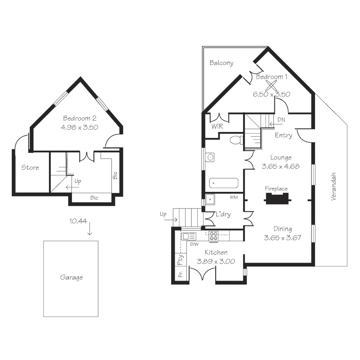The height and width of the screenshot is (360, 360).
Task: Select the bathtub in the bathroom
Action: (224, 183)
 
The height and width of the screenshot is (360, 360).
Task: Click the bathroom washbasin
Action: (210, 157)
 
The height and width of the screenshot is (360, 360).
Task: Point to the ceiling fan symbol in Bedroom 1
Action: (272, 85)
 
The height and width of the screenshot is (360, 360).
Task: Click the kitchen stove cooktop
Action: (214, 236)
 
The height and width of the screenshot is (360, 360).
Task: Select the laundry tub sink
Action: (210, 199)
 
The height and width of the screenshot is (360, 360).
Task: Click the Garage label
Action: (71, 277)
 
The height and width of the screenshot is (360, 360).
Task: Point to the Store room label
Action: (30, 167)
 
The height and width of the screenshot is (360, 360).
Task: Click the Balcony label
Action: (221, 63)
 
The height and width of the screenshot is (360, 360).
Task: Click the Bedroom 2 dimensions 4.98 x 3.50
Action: (80, 127)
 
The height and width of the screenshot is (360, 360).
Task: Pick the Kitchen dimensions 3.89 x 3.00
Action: (216, 262)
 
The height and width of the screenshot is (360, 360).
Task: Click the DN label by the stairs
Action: (281, 120)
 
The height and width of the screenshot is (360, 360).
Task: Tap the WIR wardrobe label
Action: (217, 127)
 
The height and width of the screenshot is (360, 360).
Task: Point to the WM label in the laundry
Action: (233, 197)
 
